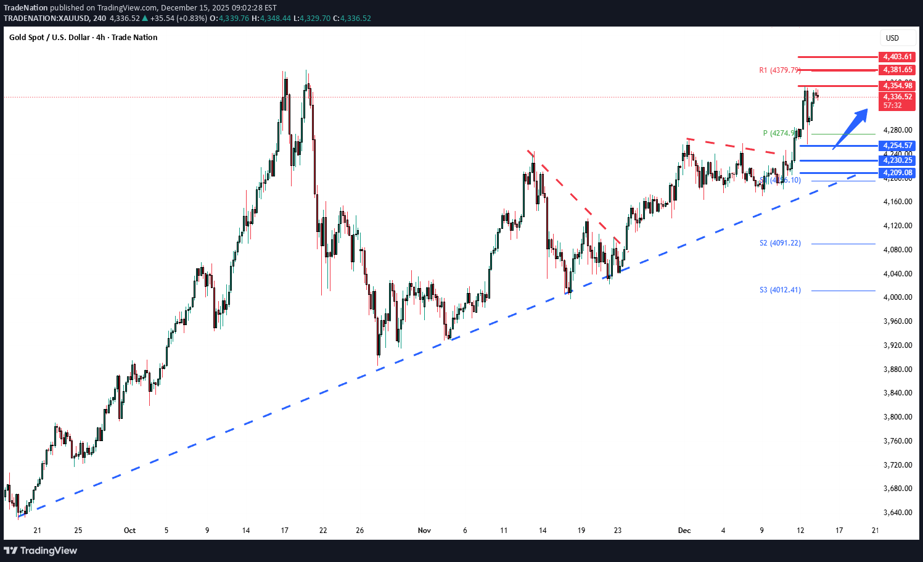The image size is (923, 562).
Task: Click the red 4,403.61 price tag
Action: coord(897,57)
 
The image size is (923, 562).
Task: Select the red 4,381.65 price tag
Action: coord(897,70)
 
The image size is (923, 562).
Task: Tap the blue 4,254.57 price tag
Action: coord(897,146)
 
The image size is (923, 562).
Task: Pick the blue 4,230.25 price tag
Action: coord(897,160)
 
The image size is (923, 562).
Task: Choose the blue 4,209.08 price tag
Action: coord(897,173)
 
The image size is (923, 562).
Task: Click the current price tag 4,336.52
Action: coord(897,97)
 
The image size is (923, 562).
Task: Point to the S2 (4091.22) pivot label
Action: coord(780,243)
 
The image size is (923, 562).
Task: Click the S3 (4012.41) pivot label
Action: coord(780,290)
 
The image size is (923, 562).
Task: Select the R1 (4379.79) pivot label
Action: coord(779,70)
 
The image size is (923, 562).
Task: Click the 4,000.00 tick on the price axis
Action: coord(897,297)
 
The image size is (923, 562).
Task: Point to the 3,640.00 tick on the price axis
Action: coord(897,513)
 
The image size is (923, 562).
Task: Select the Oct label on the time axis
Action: coord(129,531)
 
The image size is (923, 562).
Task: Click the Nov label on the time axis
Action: coord(424,531)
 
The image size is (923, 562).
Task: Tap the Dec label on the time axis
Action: coord(684,531)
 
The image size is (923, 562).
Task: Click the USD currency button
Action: coord(892,38)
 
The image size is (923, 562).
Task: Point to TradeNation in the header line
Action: coord(25,8)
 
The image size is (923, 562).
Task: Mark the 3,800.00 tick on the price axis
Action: coord(897,417)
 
